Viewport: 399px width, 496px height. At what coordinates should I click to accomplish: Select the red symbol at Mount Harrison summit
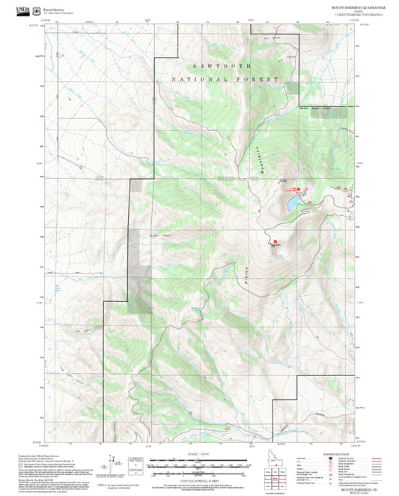[272, 241]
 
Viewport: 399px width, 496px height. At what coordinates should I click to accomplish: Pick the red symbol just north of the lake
[293, 187]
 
